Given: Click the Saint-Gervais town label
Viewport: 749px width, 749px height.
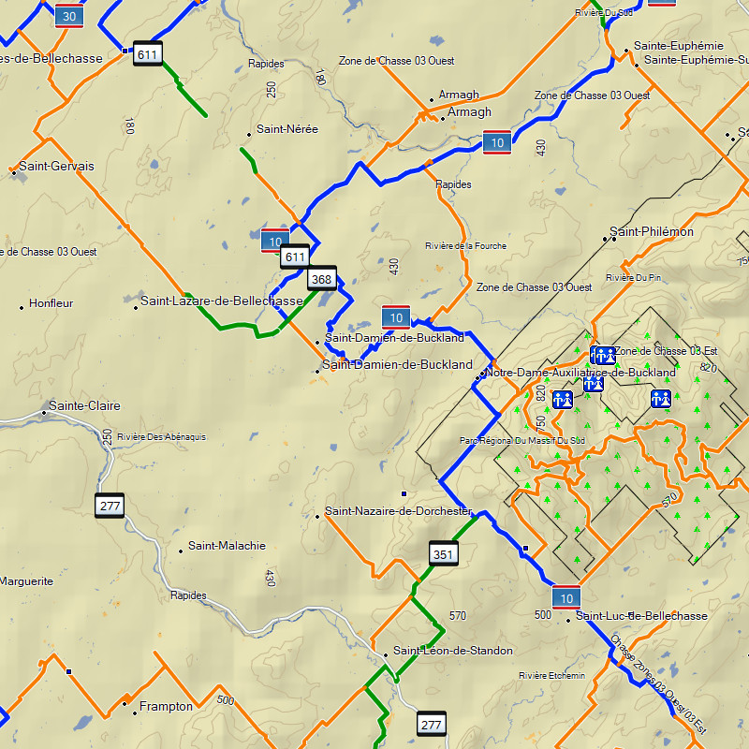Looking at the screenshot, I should click(56, 167).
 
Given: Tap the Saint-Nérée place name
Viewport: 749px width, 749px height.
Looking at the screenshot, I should click(287, 129).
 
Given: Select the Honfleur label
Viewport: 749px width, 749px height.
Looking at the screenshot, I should click(51, 303).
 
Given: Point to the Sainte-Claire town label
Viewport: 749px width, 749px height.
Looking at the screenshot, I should click(83, 406).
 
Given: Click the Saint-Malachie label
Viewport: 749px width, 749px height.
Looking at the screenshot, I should click(227, 546).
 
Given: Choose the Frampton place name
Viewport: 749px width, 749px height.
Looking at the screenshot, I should click(166, 707).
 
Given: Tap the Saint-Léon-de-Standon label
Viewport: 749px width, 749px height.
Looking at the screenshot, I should click(452, 651).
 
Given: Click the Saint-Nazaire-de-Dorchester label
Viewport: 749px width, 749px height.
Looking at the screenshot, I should click(399, 512).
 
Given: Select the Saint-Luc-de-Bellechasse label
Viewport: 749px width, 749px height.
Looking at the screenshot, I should click(641, 616).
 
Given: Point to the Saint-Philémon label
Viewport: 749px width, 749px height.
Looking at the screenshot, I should click(652, 231).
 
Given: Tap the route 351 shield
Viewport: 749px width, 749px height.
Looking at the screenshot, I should click(444, 554).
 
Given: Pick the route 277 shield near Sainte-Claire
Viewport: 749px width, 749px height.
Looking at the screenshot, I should click(110, 507).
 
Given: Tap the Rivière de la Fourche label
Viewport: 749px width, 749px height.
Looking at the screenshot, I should click(465, 246).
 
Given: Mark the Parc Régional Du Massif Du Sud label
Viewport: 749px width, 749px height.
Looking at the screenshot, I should click(521, 440).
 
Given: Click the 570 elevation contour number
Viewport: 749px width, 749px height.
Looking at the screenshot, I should click(458, 616).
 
